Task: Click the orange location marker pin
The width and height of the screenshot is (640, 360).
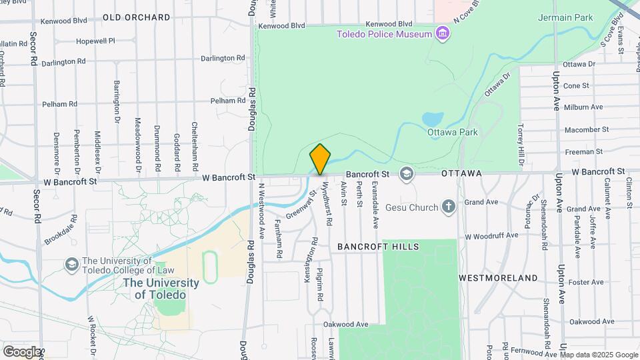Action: point(320,159)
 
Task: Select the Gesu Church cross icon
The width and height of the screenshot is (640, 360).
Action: point(449,207)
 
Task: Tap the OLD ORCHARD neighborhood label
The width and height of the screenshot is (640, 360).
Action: point(137,17)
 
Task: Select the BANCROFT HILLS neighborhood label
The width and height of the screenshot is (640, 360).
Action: point(378,247)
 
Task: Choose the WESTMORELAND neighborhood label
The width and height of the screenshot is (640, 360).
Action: point(499,277)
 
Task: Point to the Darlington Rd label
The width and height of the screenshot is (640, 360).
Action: point(63,61)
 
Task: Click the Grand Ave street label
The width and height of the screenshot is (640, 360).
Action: point(481,201)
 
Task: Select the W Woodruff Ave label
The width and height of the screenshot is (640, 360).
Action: point(491,235)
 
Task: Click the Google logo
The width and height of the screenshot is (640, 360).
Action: point(21,351)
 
